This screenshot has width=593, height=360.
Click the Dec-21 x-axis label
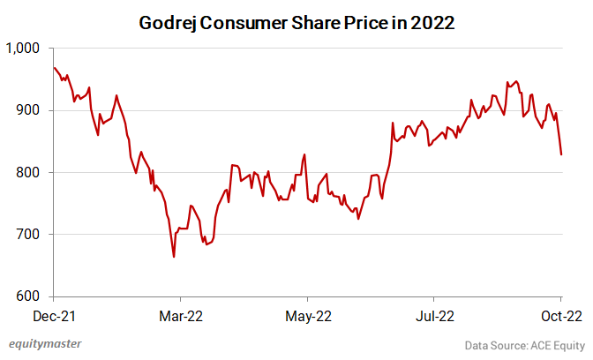[55, 314]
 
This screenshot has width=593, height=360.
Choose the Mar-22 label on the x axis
[180, 314]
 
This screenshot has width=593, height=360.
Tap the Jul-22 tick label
[435, 314]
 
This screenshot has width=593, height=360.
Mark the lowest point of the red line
[174, 257]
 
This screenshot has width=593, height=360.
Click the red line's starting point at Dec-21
[55, 68]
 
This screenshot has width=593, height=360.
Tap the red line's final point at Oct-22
[561, 154]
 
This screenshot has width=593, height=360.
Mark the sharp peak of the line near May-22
[304, 154]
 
